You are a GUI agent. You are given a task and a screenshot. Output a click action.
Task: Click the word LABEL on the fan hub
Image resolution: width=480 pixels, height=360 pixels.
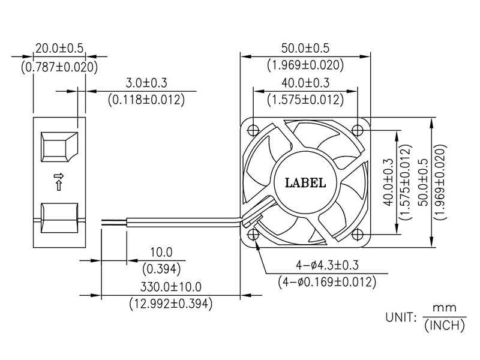click(305, 183)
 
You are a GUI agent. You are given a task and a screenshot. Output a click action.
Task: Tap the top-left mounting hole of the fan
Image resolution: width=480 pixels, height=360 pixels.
click(253, 130)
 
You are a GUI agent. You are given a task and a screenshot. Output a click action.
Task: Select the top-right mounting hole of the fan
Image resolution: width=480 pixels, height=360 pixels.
click(357, 130)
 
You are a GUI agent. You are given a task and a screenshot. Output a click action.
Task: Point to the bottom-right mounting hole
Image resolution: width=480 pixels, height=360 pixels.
click(357, 235)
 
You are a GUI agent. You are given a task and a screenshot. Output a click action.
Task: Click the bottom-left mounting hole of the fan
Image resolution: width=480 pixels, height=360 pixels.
click(253, 235)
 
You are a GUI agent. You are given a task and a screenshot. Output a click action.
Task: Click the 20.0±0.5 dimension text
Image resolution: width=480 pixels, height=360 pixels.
click(59, 49)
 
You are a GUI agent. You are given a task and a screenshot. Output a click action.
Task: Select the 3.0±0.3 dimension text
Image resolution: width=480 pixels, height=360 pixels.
click(146, 83)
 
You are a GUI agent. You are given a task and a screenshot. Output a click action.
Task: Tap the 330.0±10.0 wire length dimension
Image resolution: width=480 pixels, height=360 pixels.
click(171, 287)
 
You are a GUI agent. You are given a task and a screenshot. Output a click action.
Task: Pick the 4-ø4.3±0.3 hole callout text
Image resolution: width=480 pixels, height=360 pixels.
click(327, 265)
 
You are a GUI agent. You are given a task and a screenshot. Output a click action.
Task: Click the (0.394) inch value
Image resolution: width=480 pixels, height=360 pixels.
click(161, 269)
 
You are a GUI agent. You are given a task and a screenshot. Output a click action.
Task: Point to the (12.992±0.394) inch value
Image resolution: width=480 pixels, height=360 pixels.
click(170, 304)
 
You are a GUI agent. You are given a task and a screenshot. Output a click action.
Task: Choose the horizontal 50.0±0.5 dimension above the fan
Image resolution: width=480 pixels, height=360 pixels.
click(305, 49)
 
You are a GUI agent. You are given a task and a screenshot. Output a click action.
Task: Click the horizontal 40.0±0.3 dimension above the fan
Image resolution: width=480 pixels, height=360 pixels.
click(305, 83)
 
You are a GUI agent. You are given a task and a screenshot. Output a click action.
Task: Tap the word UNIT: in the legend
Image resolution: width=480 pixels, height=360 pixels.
click(401, 317)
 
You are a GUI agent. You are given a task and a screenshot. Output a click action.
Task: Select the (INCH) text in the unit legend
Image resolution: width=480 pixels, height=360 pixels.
click(445, 326)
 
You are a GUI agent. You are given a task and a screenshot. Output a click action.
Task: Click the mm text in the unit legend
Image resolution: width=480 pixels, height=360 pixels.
click(445, 308)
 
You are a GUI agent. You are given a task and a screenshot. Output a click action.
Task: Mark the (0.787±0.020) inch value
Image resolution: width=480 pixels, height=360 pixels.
click(59, 67)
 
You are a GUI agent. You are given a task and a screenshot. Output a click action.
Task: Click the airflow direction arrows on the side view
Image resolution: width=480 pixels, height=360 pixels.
click(59, 182)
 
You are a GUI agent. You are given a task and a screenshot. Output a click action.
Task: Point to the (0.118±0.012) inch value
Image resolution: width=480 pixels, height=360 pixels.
click(146, 100)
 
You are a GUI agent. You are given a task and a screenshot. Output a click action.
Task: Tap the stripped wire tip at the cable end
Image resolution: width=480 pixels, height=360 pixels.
click(113, 222)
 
